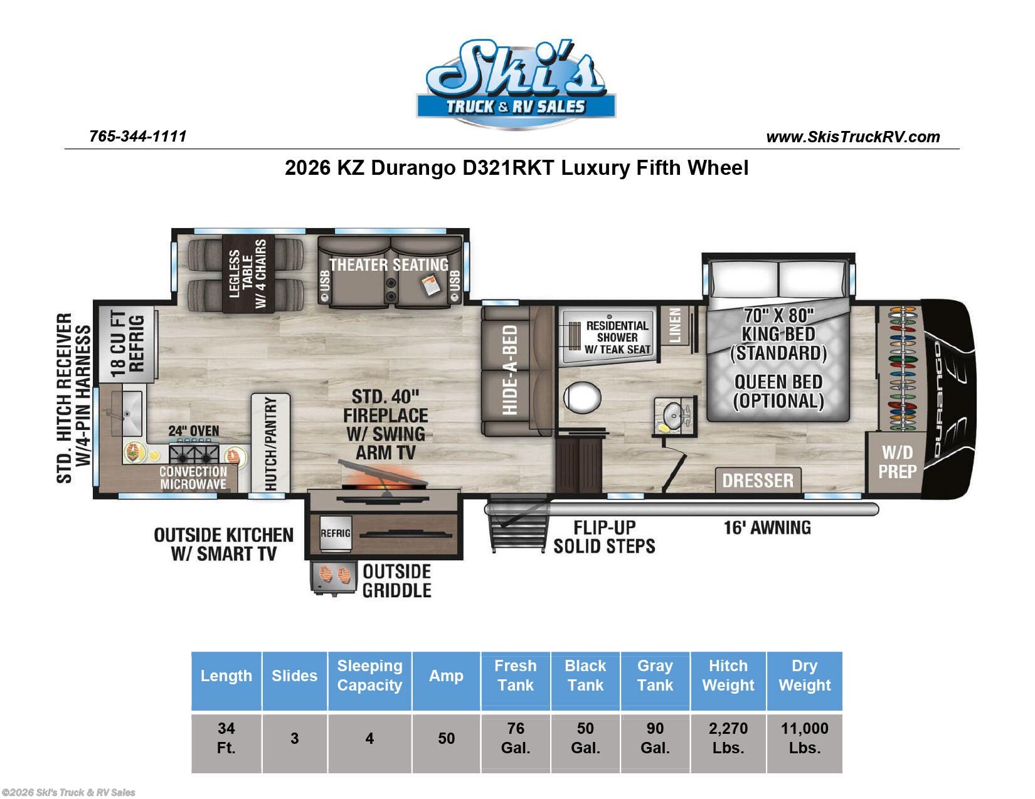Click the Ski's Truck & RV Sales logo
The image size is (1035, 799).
point(516,85)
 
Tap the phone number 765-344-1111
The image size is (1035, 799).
point(138,136)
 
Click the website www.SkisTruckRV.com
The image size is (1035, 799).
point(852,137)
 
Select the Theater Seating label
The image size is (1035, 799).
point(389,264)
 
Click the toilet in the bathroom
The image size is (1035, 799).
point(582,397)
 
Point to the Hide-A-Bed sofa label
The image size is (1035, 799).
point(510,370)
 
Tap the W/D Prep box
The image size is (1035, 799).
point(896,462)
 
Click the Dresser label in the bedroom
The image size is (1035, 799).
point(758,481)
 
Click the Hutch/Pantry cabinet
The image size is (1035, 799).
point(270,442)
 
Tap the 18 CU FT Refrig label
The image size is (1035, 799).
point(127,344)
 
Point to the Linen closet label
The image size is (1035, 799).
point(674,325)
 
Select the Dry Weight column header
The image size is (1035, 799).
point(804,676)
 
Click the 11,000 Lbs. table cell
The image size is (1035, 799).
point(804,738)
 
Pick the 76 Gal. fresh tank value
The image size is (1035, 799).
point(515,738)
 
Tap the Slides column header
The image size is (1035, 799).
point(294,676)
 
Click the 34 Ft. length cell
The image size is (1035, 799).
point(226,738)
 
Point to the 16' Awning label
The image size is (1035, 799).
point(767,528)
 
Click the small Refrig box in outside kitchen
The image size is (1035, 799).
point(336,533)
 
